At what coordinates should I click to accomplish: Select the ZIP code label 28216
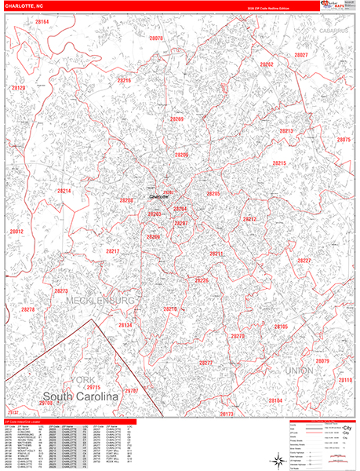pyautogui.click(x=124, y=81)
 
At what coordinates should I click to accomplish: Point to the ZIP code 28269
pyautogui.click(x=177, y=119)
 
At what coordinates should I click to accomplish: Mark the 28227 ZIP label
pyautogui.click(x=304, y=261)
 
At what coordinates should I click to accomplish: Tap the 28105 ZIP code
pyautogui.click(x=281, y=327)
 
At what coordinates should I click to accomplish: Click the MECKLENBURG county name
pyautogui.click(x=101, y=301)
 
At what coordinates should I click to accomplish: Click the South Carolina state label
pyautogui.click(x=80, y=397)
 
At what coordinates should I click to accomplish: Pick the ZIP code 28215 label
pyautogui.click(x=279, y=163)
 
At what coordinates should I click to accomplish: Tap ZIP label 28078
pyautogui.click(x=155, y=38)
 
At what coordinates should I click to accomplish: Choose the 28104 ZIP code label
pyautogui.click(x=275, y=400)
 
